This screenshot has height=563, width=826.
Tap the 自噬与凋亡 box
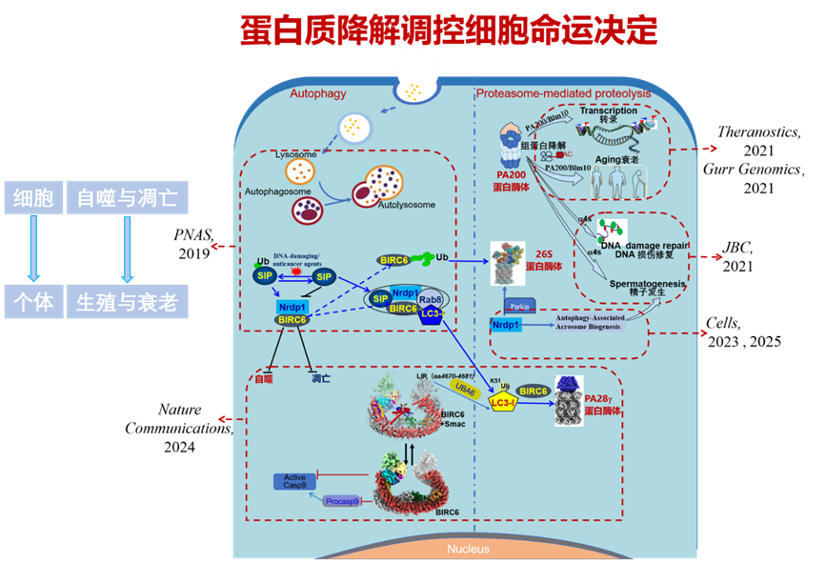[127, 198]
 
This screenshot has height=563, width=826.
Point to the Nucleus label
[468, 549]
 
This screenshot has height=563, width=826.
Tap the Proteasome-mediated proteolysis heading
[563, 93]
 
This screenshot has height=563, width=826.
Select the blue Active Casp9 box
[294, 482]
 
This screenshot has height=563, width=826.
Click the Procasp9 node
[343, 500]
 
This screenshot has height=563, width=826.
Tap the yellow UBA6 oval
[467, 391]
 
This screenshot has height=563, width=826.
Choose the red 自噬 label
[263, 379]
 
